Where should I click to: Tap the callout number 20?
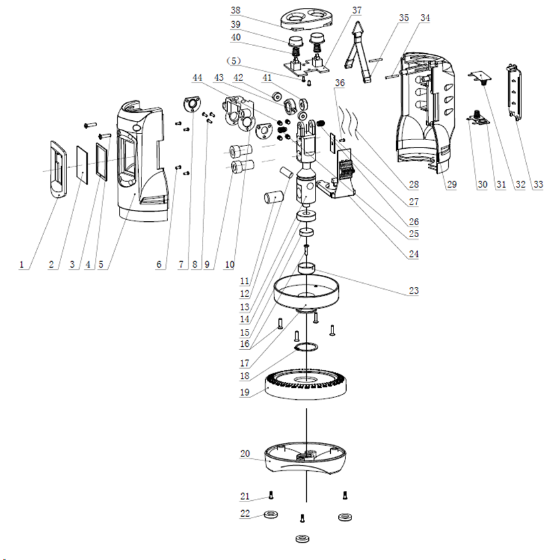click(x=245, y=454)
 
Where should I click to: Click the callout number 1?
click(x=23, y=264)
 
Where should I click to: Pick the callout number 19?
click(x=245, y=392)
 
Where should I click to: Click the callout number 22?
click(x=245, y=513)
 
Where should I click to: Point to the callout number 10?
click(x=229, y=264)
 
